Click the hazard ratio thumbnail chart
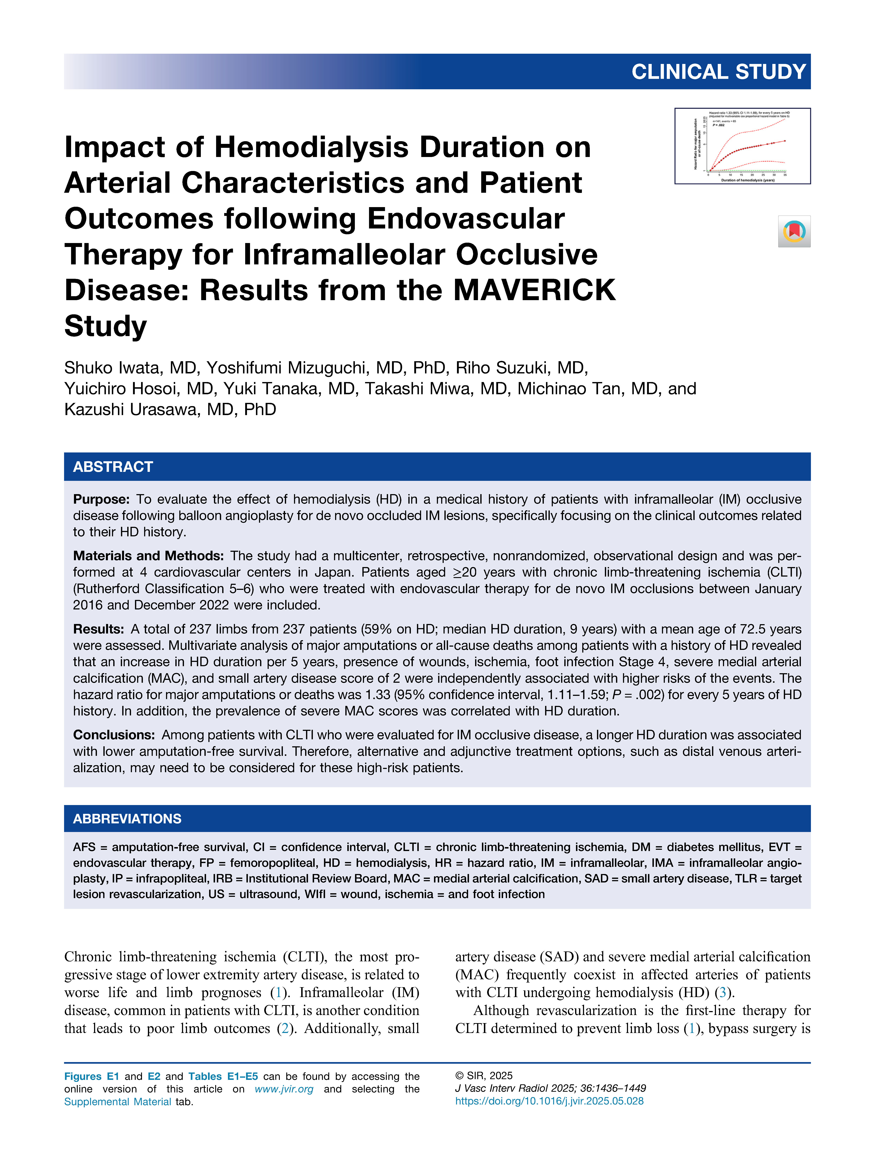tap(742, 146)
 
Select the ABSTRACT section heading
tap(113, 467)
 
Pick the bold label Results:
tap(99, 629)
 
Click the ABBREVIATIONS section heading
tap(127, 819)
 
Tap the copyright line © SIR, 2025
tap(484, 1076)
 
